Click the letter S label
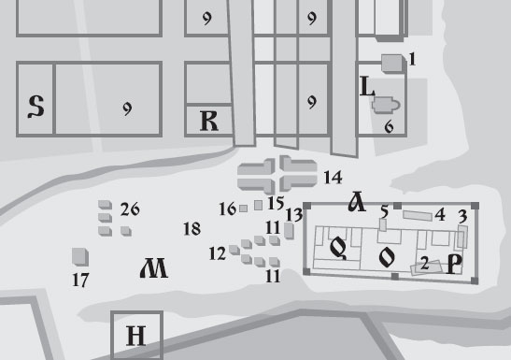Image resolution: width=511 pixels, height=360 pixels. click(x=35, y=107)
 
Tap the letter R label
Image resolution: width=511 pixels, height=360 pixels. click(x=209, y=121)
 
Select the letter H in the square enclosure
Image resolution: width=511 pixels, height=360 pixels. click(x=135, y=336)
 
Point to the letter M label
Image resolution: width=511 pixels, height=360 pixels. click(x=154, y=268)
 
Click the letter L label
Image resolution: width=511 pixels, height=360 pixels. click(x=367, y=86)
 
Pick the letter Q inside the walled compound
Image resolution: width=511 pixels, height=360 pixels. click(x=338, y=249)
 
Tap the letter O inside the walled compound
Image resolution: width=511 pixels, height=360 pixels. click(x=387, y=257)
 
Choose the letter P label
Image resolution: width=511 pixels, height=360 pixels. click(x=455, y=264)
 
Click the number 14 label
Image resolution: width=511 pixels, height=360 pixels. click(x=334, y=178)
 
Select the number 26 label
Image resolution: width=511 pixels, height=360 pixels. click(x=130, y=209)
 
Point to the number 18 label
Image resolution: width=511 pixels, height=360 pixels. click(x=192, y=229)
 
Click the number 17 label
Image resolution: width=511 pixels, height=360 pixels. click(x=80, y=280)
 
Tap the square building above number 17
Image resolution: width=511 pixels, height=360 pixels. click(x=80, y=256)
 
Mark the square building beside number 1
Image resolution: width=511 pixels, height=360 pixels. click(x=393, y=64)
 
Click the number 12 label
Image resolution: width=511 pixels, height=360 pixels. click(x=218, y=253)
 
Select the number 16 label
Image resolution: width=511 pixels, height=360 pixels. click(x=227, y=209)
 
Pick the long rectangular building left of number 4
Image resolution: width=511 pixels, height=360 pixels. click(x=418, y=216)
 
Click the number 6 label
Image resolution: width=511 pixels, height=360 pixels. click(x=389, y=126)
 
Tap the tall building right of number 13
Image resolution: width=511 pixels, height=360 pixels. click(x=289, y=231)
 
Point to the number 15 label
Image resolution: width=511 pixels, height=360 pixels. click(x=276, y=203)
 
